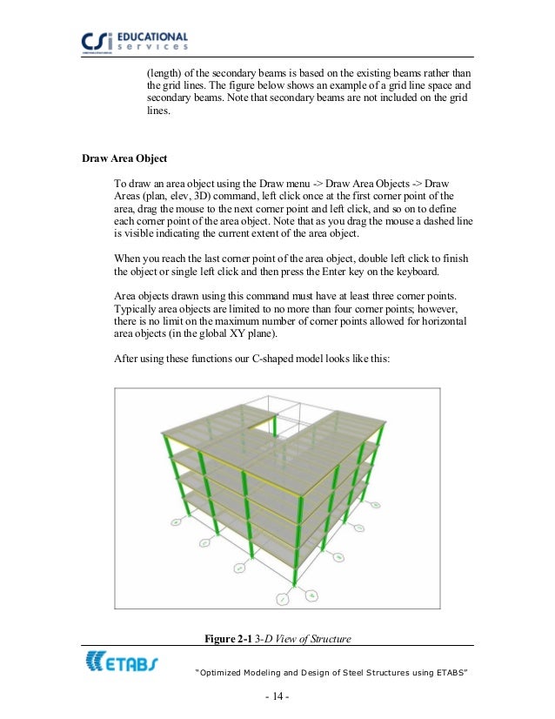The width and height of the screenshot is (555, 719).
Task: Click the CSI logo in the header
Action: pos(104,42)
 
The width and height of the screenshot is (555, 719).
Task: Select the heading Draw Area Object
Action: pos(124,159)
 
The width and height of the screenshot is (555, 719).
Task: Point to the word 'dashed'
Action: pos(445,223)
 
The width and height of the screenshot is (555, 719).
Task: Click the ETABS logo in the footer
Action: pos(121,664)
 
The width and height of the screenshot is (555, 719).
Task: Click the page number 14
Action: pos(277,698)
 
